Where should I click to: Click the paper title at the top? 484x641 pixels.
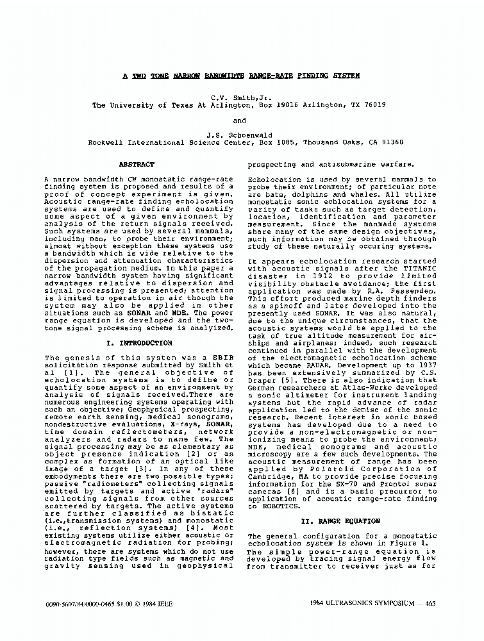tap(241, 75)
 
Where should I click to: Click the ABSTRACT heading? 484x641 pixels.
tap(137, 165)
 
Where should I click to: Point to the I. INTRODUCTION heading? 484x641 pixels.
tap(138, 344)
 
